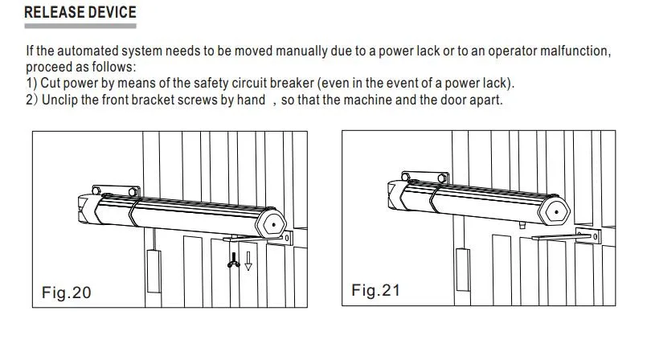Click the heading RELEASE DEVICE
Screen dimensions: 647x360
click(x=80, y=13)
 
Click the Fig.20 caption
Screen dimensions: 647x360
click(x=67, y=292)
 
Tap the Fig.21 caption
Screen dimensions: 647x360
click(x=376, y=290)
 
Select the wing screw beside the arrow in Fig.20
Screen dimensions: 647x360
click(x=234, y=261)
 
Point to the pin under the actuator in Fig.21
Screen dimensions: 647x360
click(x=522, y=226)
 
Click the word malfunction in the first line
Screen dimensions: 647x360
click(x=571, y=51)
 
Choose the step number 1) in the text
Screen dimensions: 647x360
click(x=31, y=84)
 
